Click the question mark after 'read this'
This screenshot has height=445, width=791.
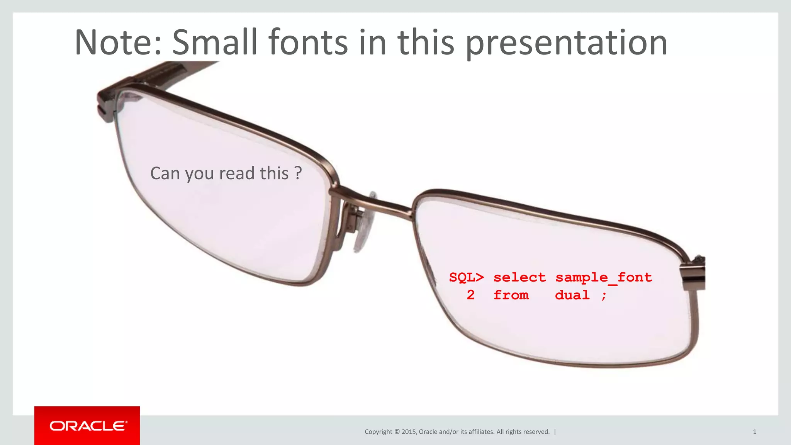[x=298, y=173]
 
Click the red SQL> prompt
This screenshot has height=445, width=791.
[x=466, y=277]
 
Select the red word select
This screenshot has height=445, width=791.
[x=519, y=277]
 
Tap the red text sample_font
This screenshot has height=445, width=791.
[x=604, y=278]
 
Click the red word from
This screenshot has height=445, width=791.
[x=511, y=295]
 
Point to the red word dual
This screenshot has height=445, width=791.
[x=572, y=295]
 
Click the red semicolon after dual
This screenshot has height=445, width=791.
[x=604, y=296]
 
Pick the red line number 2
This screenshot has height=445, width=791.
[x=470, y=295]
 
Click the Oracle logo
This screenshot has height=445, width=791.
[x=87, y=426]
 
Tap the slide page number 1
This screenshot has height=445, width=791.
[x=754, y=432]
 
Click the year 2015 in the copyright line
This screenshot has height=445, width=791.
[x=409, y=432]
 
